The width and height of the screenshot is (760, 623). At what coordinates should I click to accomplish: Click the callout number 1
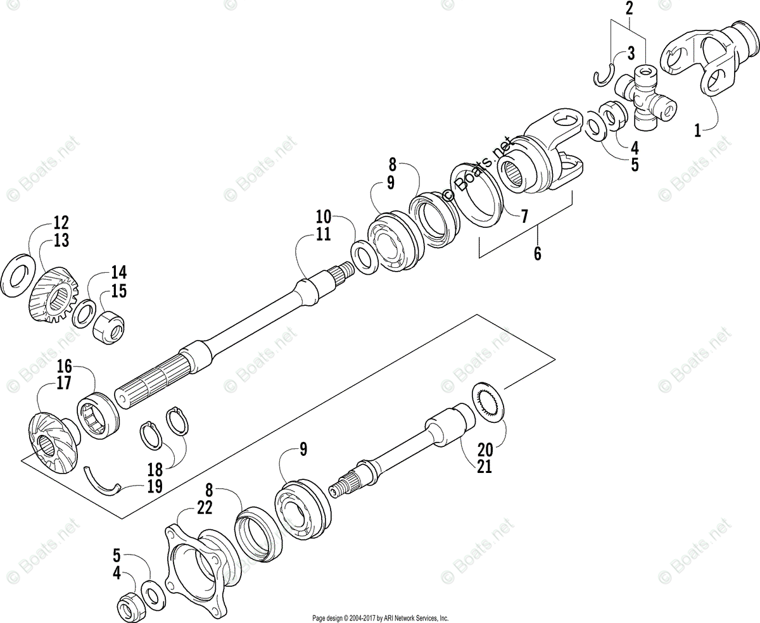point(697,131)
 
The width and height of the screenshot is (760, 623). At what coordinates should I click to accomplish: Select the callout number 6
point(537,253)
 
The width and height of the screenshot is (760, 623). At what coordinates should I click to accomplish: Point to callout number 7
point(524,217)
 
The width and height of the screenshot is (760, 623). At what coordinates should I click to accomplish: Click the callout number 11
point(323,235)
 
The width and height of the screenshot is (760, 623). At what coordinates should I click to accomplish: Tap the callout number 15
point(119,291)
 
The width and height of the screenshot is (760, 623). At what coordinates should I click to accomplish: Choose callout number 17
point(65,382)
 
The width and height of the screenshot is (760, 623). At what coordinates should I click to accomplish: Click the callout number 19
point(155,486)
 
